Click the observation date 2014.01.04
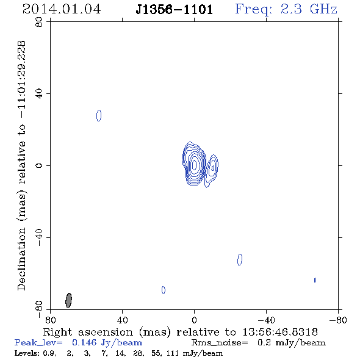pos(62,9)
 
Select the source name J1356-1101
pos(174,10)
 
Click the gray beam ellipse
pos(68,300)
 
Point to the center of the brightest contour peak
pos(195,165)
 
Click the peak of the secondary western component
pos(213,168)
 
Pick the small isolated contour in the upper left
pos(99,115)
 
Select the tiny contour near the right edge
pos(315,280)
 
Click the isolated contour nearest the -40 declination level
pos(240,260)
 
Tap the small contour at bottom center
pos(164,290)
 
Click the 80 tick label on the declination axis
pos(39,22)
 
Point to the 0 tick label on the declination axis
pos(39,165)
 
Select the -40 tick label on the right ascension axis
pos(266,320)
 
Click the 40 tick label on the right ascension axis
pos(123,320)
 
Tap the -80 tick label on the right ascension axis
pos(338,320)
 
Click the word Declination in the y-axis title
pos(21,259)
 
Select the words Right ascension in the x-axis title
pos(88,332)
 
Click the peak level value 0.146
pos(84,342)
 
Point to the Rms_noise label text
pos(220,343)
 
